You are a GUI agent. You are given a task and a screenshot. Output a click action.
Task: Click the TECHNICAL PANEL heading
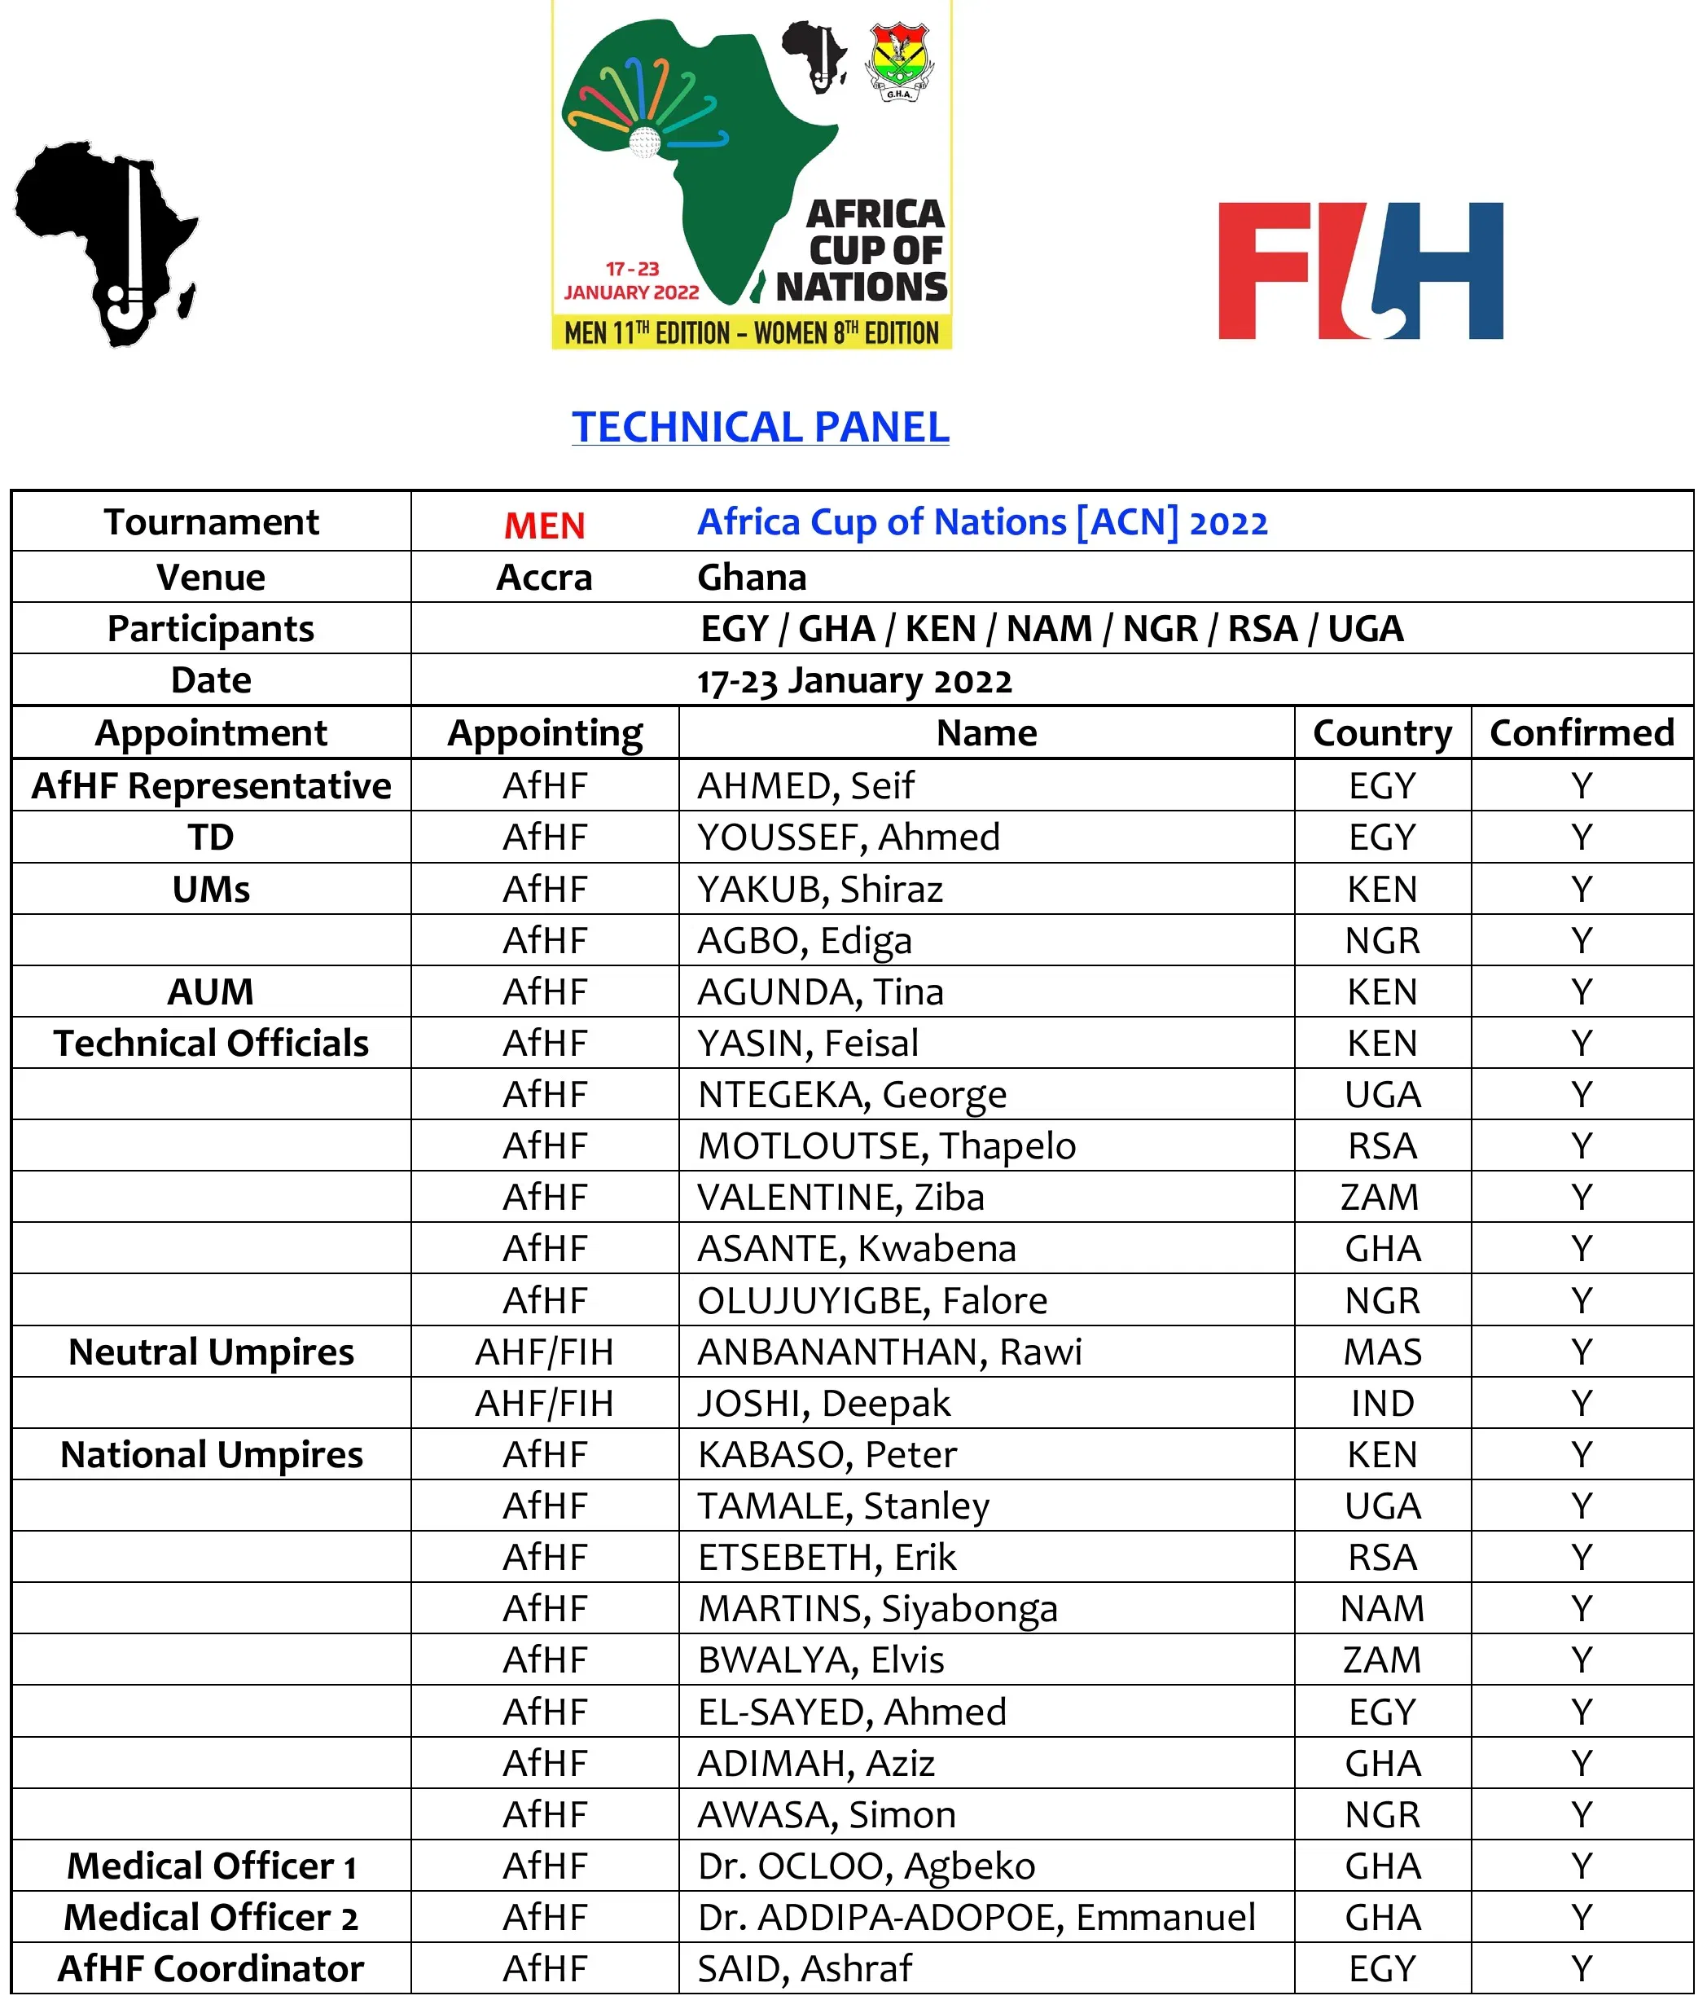pos(760,427)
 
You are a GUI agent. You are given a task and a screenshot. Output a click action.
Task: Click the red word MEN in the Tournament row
pos(544,525)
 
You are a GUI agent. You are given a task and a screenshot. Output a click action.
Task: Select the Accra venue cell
pos(544,578)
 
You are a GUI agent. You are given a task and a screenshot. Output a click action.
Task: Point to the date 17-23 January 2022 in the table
pos(854,680)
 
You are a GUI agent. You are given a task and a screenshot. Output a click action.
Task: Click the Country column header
pos(1382,733)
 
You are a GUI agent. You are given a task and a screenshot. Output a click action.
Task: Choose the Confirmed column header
pos(1582,733)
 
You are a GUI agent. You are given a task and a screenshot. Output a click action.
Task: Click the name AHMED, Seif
pos(805,785)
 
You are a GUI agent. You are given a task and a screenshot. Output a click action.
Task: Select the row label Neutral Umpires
pos(211,1352)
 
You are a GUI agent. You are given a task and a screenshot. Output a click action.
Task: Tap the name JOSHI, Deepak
pos(823,1403)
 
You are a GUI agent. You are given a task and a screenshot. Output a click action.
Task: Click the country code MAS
pos(1382,1352)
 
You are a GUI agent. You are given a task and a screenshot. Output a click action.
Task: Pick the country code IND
pos(1382,1403)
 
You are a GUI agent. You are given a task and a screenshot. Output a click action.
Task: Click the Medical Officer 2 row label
pos(211,1917)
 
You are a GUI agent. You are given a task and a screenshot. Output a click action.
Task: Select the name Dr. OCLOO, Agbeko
pos(866,1866)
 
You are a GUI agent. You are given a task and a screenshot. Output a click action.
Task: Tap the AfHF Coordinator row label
pos(211,1968)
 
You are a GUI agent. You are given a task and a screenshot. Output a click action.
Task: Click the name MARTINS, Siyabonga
pos(878,1608)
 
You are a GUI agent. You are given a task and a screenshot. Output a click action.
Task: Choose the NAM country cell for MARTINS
pos(1382,1608)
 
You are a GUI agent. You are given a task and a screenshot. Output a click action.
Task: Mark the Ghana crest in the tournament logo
pos(899,62)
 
